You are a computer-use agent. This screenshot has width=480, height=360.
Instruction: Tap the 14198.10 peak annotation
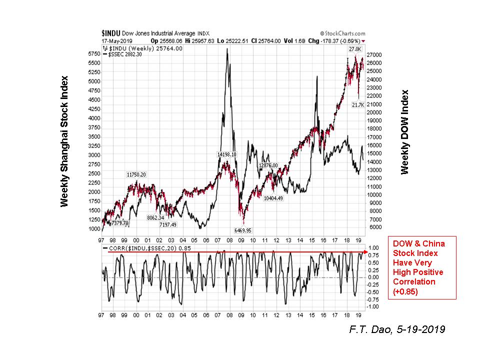click(226, 154)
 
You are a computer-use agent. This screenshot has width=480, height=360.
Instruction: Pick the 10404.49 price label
click(273, 198)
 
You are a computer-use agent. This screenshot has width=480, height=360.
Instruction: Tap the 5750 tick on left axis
click(94, 53)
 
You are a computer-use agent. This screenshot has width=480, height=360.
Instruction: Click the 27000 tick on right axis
click(375, 54)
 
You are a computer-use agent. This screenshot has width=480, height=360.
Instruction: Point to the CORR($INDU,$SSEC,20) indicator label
click(142, 248)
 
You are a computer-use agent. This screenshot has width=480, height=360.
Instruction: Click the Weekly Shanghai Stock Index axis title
click(64, 141)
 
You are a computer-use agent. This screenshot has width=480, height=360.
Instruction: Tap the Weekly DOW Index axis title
click(405, 132)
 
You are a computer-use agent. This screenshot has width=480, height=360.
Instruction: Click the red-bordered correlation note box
click(422, 267)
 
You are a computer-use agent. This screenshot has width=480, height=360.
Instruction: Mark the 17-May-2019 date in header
click(115, 40)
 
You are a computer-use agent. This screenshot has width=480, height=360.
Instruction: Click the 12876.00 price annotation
click(271, 165)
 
